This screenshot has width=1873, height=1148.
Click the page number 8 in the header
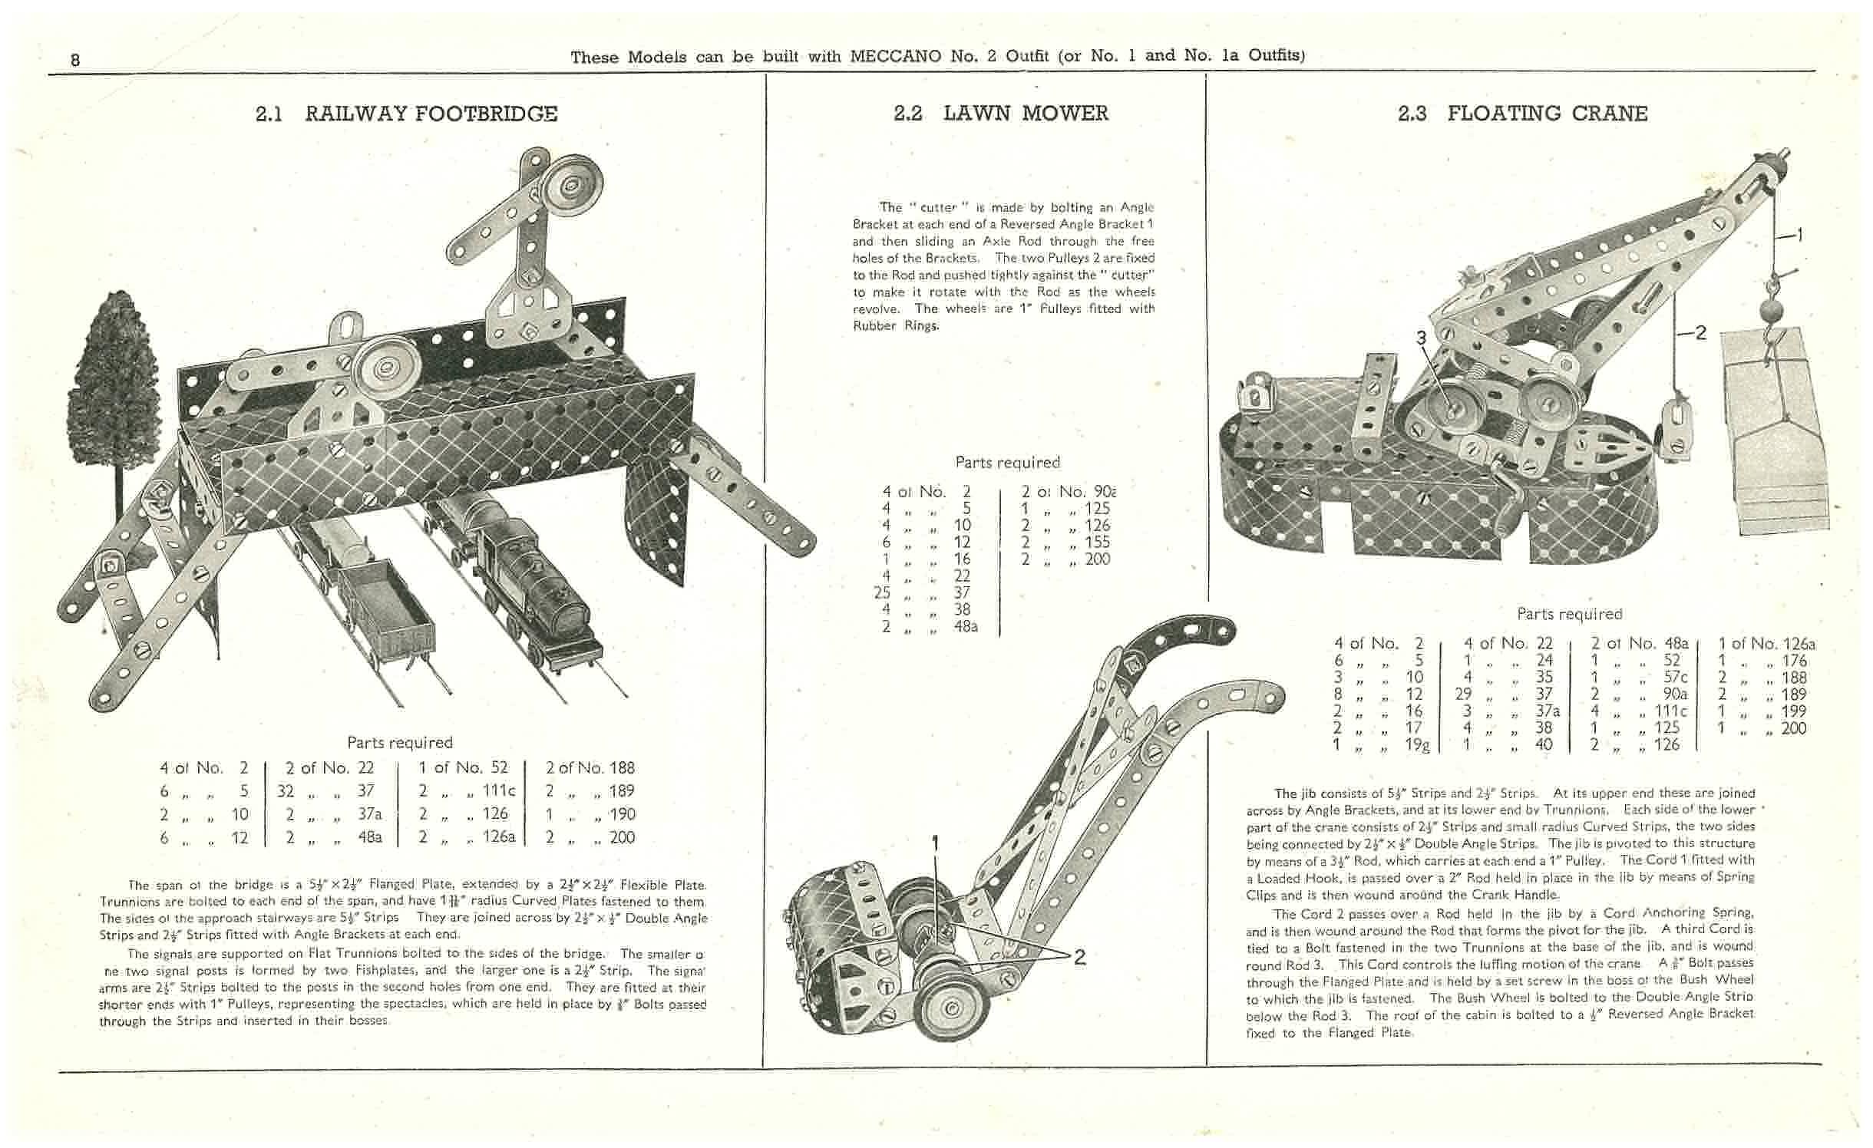click(x=74, y=59)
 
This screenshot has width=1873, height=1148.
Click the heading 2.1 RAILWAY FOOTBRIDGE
click(x=406, y=114)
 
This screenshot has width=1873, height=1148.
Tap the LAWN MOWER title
click(x=1026, y=114)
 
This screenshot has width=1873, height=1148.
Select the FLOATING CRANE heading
click(x=1547, y=114)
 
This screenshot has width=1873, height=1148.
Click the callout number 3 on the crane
click(x=1421, y=338)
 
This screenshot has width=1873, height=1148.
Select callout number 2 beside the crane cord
click(x=1700, y=333)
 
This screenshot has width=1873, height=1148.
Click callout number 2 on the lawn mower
click(x=1079, y=956)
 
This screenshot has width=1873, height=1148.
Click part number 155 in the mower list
click(x=1097, y=542)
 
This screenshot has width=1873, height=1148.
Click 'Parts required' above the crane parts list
click(x=1569, y=614)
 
